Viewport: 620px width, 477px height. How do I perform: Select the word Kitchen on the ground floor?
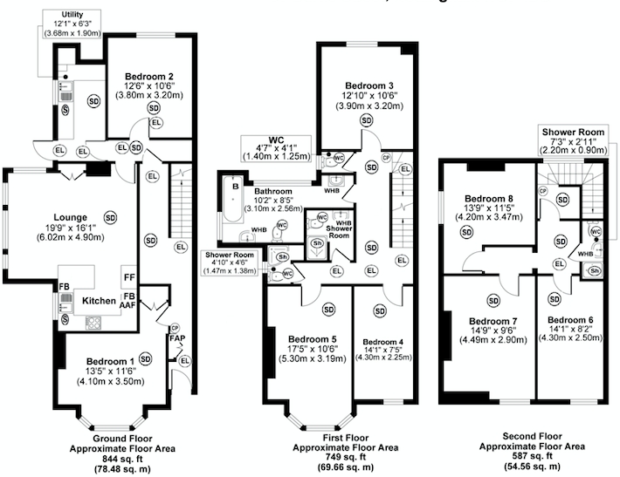point(99,300)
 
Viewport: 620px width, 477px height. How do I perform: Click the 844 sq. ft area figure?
point(111,460)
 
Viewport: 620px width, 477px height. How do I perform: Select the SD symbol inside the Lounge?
point(110,216)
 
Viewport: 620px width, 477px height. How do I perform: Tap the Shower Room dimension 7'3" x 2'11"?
point(572,141)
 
